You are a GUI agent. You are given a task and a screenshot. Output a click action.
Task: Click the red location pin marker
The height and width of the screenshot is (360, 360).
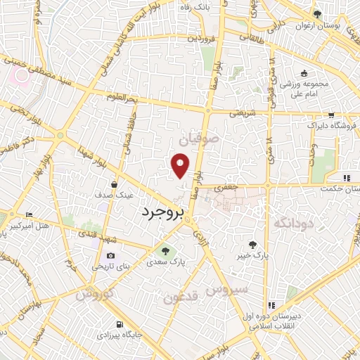tap(181, 165)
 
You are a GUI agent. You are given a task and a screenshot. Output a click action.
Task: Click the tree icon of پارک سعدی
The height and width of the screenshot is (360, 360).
tap(166, 250)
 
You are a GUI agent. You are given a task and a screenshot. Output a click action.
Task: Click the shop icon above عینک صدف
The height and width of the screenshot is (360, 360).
tap(114, 184)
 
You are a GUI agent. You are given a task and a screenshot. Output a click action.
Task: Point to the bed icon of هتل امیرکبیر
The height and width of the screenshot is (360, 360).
tap(28, 214)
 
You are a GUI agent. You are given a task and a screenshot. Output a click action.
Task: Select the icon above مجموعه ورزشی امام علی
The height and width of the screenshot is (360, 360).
tap(304, 73)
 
